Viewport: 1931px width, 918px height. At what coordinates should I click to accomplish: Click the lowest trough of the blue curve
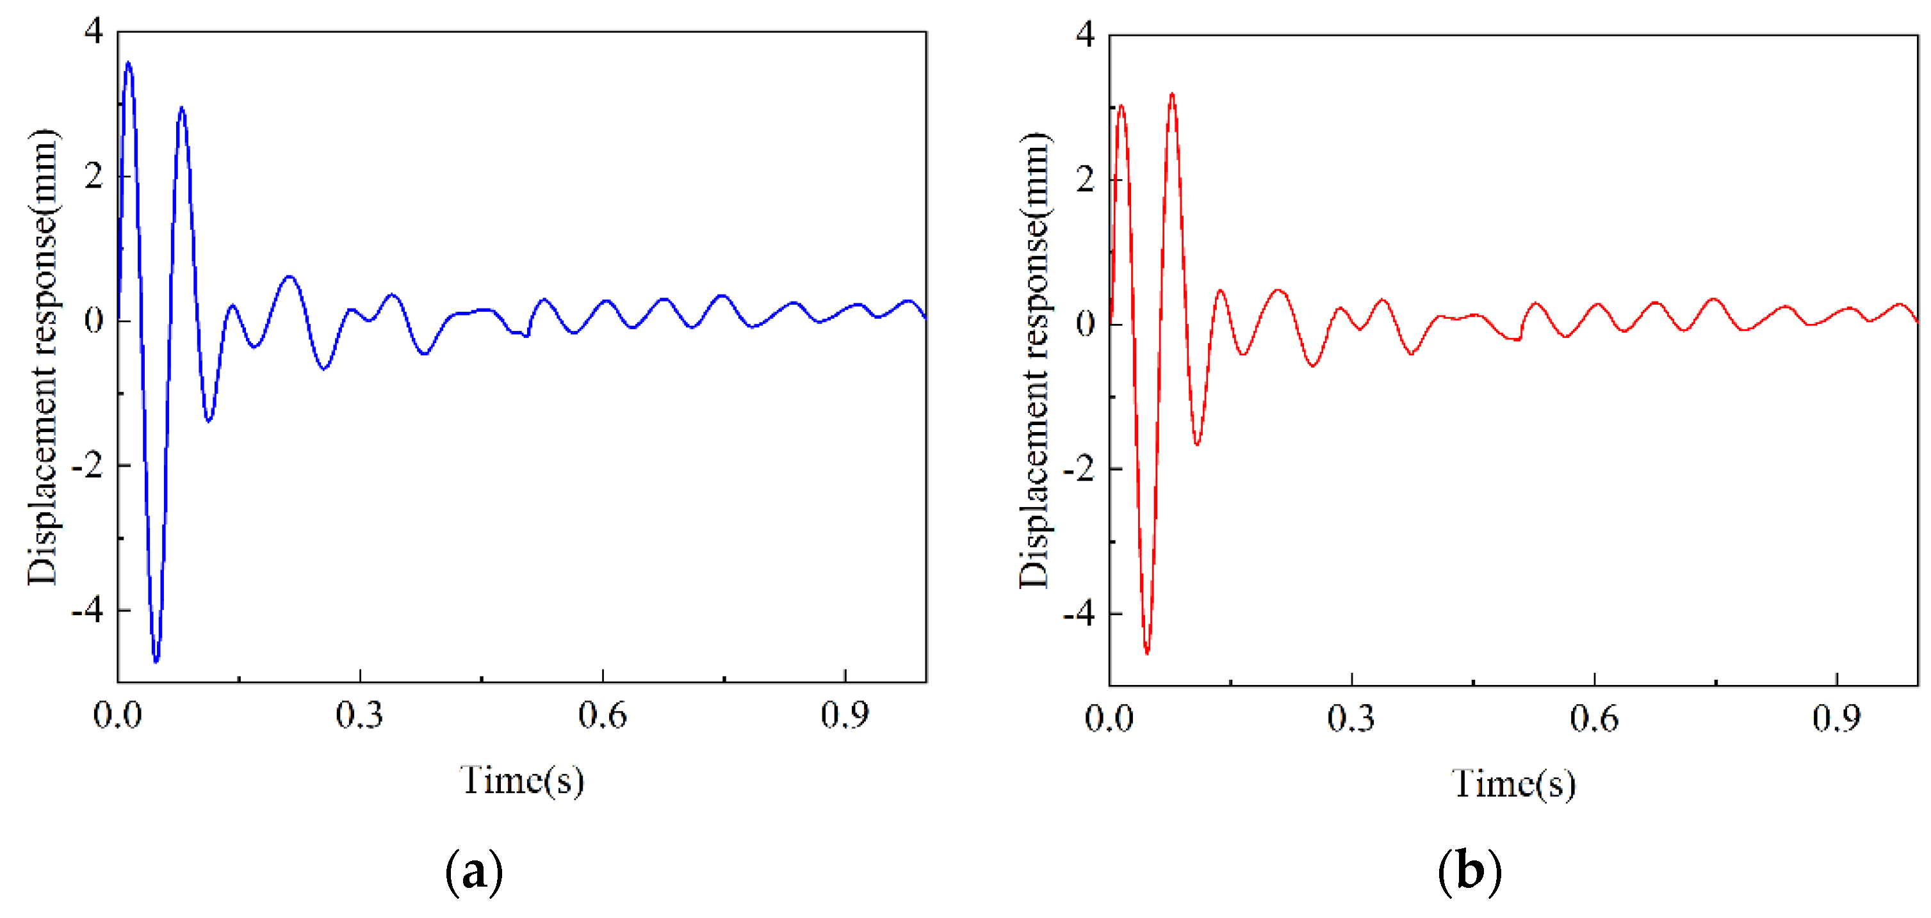156,661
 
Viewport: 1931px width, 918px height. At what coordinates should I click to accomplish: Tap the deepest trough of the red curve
1147,653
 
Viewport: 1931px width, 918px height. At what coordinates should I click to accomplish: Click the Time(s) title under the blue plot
522,781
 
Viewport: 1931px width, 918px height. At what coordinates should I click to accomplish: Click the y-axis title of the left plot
43,357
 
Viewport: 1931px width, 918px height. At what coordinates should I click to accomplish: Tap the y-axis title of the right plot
1034,360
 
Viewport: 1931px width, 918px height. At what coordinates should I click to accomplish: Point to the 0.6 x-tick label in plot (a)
602,716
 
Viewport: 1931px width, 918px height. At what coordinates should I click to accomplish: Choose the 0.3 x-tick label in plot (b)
1351,720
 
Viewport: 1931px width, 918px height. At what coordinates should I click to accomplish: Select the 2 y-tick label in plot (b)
1085,179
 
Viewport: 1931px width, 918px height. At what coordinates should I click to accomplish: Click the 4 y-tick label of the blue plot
93,32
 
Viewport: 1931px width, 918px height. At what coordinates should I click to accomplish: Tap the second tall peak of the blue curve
181,109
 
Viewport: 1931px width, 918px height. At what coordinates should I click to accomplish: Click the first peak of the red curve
1121,106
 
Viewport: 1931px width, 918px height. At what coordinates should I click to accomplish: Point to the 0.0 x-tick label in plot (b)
1109,720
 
